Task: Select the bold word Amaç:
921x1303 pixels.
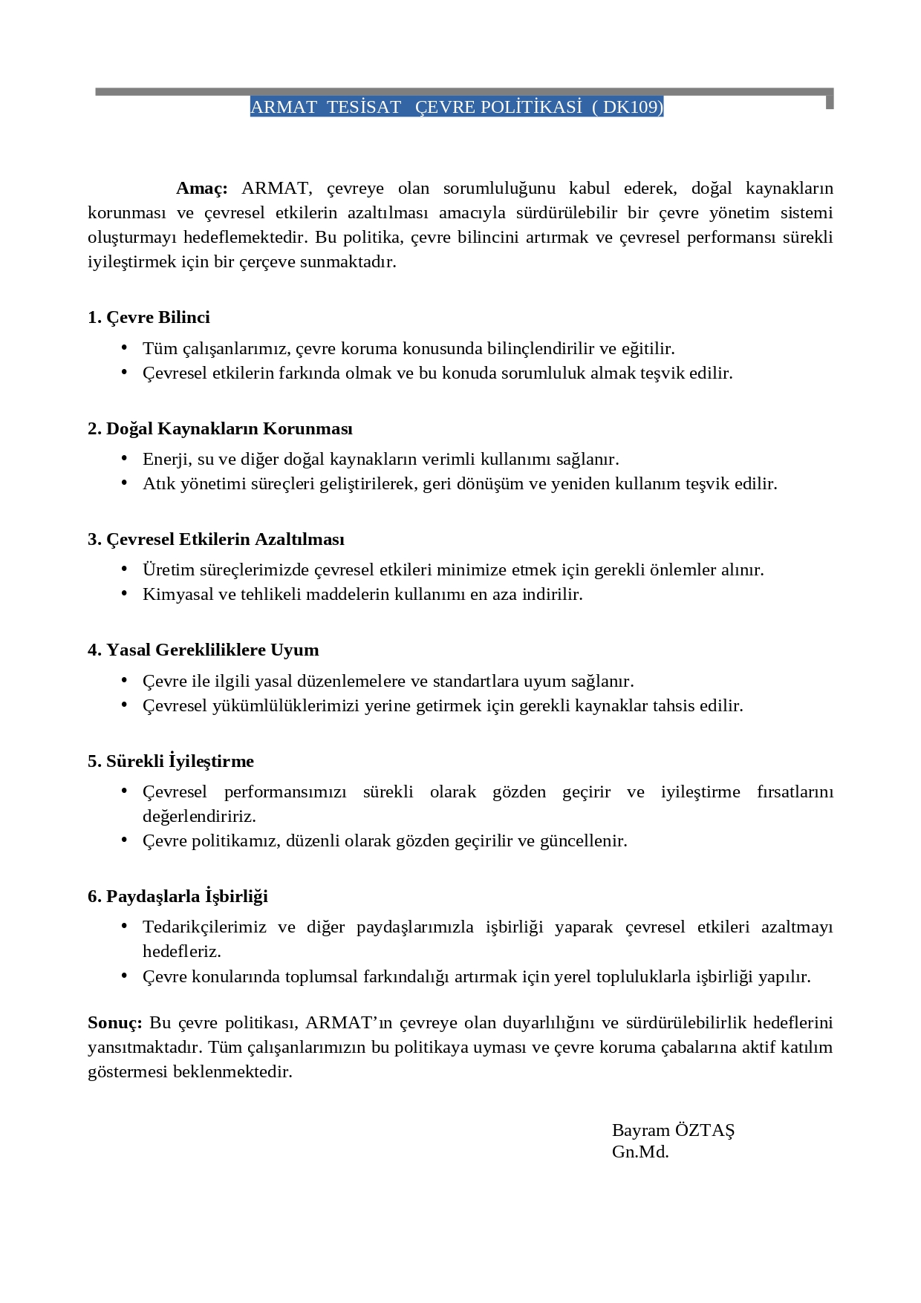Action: pos(201,189)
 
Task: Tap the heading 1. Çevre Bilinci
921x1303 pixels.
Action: pos(149,318)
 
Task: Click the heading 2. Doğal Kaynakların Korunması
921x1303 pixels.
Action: pos(220,429)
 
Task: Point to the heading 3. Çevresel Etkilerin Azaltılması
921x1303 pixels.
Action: pos(216,540)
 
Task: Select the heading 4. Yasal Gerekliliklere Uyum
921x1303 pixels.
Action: pos(203,650)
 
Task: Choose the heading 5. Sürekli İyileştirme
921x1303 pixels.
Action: pos(171,762)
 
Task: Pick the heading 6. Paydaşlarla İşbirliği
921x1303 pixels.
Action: pos(178,897)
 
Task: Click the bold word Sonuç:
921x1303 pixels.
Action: pos(114,1023)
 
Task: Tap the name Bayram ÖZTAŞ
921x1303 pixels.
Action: pos(673,1131)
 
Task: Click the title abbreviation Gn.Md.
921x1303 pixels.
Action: pos(640,1152)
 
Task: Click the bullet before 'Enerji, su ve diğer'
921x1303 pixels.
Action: pos(124,459)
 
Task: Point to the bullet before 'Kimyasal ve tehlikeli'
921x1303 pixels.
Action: pos(124,594)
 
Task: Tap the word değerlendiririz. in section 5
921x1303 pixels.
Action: pos(199,817)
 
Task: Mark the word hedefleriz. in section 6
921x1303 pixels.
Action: pos(182,952)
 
